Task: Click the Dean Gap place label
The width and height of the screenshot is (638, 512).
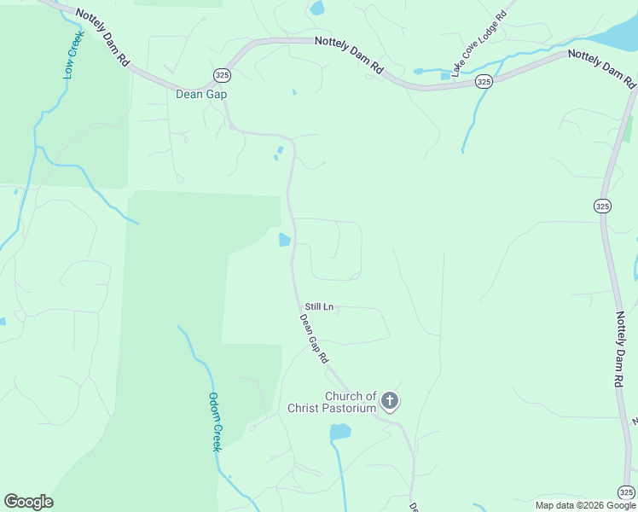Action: click(201, 94)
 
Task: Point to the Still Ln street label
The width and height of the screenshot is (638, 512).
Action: click(319, 306)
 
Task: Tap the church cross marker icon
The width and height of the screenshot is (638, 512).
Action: click(390, 400)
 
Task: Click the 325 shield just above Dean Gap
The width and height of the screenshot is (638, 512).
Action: click(222, 74)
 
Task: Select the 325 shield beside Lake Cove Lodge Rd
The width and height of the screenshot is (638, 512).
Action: click(484, 82)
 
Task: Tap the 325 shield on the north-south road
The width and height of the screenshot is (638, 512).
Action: click(602, 206)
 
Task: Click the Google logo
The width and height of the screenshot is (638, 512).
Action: click(28, 502)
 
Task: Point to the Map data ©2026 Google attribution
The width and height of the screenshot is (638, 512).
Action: click(586, 505)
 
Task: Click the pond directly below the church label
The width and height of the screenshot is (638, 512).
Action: click(340, 432)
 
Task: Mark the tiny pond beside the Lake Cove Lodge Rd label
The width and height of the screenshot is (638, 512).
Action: click(445, 76)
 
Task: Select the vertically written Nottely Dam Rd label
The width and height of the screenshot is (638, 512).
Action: click(623, 350)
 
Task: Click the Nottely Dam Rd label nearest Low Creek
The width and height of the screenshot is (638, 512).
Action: click(101, 38)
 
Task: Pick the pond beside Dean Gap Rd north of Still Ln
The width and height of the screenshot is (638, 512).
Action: click(285, 241)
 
